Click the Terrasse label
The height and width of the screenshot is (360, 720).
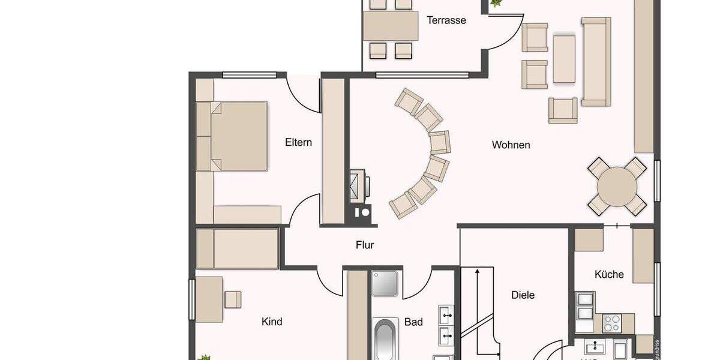pyautogui.click(x=446, y=20)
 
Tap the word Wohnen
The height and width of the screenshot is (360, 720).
pyautogui.click(x=511, y=145)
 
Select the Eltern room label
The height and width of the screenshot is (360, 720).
pyautogui.click(x=298, y=142)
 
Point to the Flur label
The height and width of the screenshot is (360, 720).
pyautogui.click(x=365, y=245)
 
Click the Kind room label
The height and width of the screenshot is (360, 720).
pyautogui.click(x=272, y=322)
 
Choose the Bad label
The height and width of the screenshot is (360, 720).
pyautogui.click(x=413, y=322)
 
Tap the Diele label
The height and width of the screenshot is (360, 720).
pyautogui.click(x=523, y=295)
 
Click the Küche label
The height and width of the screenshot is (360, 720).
pyautogui.click(x=609, y=274)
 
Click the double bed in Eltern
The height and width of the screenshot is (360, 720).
pyautogui.click(x=238, y=136)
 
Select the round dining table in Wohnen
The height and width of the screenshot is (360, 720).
pyautogui.click(x=617, y=187)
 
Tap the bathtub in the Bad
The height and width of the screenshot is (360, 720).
pyautogui.click(x=385, y=340)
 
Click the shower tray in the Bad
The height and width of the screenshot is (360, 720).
pyautogui.click(x=384, y=283)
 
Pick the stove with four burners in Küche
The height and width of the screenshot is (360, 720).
pyautogui.click(x=612, y=323)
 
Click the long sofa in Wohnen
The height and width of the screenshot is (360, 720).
pyautogui.click(x=596, y=61)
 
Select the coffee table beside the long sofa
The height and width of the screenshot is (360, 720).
pyautogui.click(x=564, y=58)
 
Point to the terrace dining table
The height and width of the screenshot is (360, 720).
pyautogui.click(x=391, y=26)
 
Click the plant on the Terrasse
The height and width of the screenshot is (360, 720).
pyautogui.click(x=496, y=4)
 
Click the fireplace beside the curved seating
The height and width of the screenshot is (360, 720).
pyautogui.click(x=360, y=185)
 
